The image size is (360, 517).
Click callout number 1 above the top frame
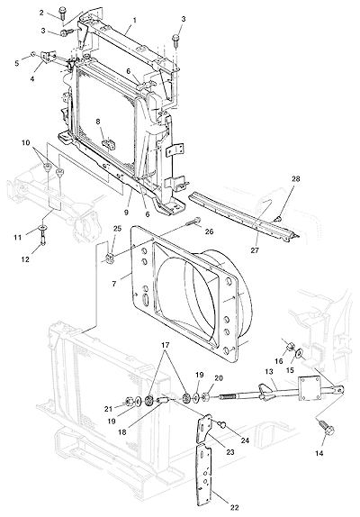click(x=135, y=20)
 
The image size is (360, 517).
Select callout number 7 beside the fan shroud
click(x=114, y=283)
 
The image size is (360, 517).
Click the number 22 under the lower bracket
click(x=234, y=508)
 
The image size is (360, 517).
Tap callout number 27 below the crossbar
click(x=255, y=249)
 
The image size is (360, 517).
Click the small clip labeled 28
click(x=280, y=218)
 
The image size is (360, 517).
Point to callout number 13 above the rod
click(x=269, y=372)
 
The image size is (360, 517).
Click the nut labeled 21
click(x=128, y=402)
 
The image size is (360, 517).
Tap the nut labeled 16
click(x=290, y=347)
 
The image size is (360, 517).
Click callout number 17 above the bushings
click(x=166, y=345)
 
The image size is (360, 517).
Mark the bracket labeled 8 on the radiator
click(x=108, y=143)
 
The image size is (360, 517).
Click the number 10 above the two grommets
click(x=26, y=143)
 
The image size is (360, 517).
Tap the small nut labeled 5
click(x=33, y=53)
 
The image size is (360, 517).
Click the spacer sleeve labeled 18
click(x=164, y=402)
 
